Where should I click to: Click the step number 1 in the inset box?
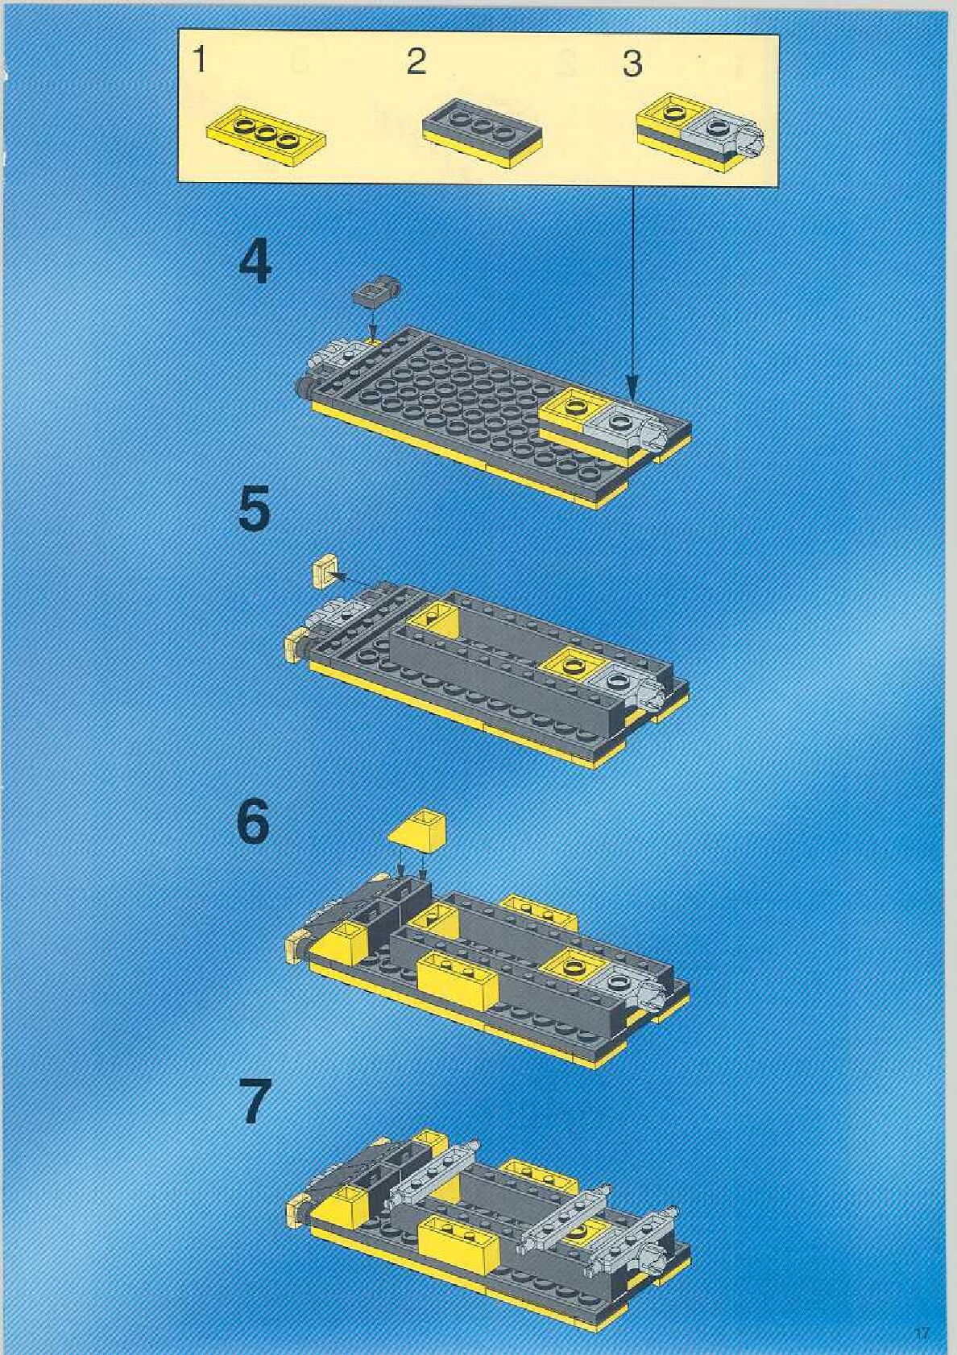(200, 62)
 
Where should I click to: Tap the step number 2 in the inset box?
(416, 62)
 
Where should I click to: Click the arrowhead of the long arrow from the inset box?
(632, 388)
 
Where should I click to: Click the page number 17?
(922, 1332)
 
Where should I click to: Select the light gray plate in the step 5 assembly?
(623, 683)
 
